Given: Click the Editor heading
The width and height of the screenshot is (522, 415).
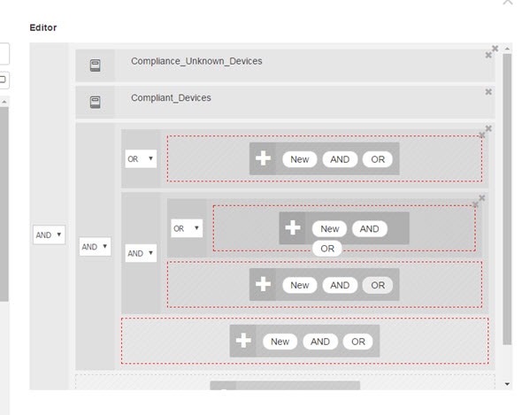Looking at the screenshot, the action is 43,27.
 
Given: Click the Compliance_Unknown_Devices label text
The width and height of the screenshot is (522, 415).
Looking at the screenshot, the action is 196,61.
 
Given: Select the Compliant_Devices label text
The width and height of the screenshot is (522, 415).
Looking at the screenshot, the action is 171,98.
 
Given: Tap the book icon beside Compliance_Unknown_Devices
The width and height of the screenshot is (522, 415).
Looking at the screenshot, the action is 96,65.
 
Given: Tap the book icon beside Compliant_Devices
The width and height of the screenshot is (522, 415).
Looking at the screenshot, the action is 96,102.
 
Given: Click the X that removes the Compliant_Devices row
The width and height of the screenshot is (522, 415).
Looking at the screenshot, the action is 488,92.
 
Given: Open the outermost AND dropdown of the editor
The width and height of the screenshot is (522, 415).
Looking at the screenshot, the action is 49,234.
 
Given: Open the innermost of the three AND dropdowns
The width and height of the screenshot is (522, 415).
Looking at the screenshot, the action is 141,253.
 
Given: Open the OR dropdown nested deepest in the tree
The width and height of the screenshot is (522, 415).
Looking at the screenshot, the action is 187,228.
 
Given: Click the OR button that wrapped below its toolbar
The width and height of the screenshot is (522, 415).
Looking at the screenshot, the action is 327,249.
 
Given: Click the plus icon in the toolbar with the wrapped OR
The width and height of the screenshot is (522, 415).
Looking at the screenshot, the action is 293,227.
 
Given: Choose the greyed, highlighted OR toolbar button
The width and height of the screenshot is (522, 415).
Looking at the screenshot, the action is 378,285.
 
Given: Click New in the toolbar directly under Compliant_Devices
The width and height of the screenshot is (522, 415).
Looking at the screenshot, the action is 300,159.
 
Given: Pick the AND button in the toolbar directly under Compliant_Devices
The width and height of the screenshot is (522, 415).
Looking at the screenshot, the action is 340,159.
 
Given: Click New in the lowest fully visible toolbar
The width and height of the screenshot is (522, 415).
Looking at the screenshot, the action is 280,342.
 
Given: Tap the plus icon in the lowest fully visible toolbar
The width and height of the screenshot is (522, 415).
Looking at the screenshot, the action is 243,341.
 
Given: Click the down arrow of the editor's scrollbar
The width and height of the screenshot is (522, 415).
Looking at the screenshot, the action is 507,384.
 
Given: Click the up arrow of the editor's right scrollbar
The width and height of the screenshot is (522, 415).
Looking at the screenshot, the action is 507,49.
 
